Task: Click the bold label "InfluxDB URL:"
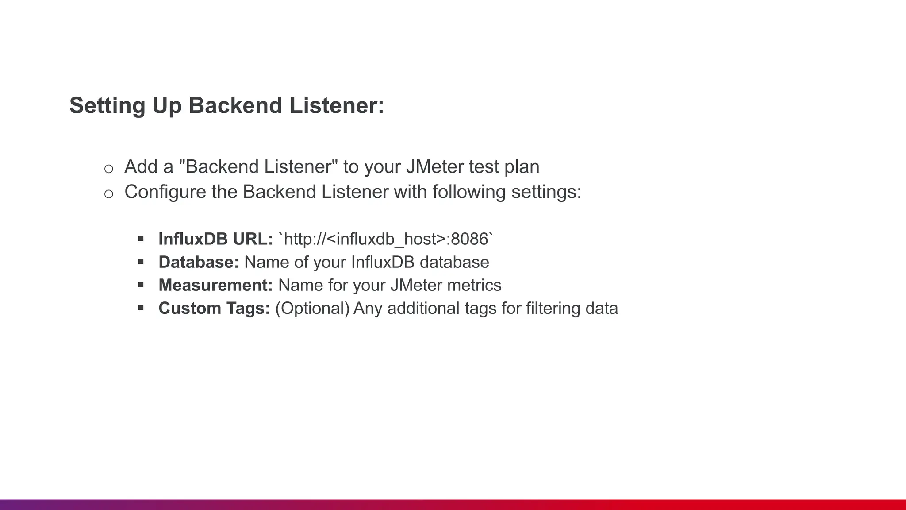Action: [215, 239]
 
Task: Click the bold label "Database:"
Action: [199, 262]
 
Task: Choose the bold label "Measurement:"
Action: [215, 285]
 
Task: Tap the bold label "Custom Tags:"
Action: [214, 308]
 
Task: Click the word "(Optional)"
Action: [312, 308]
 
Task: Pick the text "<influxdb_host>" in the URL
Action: [386, 239]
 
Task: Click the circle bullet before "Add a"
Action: [108, 169]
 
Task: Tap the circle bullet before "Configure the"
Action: [108, 194]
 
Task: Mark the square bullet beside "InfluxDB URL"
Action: [141, 239]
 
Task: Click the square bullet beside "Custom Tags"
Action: [141, 308]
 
